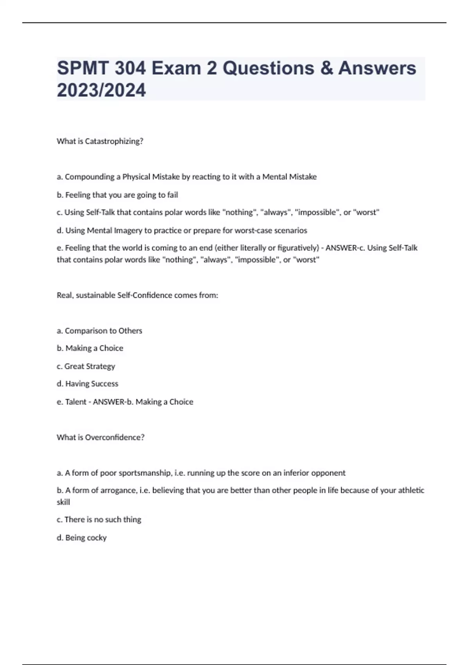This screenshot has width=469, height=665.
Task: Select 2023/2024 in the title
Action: point(101,90)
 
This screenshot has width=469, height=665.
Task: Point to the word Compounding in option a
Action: point(90,177)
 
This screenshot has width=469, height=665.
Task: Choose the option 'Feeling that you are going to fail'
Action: point(121,195)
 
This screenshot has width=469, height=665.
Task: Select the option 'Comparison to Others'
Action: point(103,331)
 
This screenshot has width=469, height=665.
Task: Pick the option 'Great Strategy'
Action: point(90,366)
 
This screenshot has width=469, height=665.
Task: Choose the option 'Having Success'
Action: point(91,384)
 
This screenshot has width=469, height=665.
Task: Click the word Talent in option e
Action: point(75,402)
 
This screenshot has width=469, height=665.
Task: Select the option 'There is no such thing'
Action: point(102,519)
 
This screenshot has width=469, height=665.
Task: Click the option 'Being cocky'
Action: point(86,538)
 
